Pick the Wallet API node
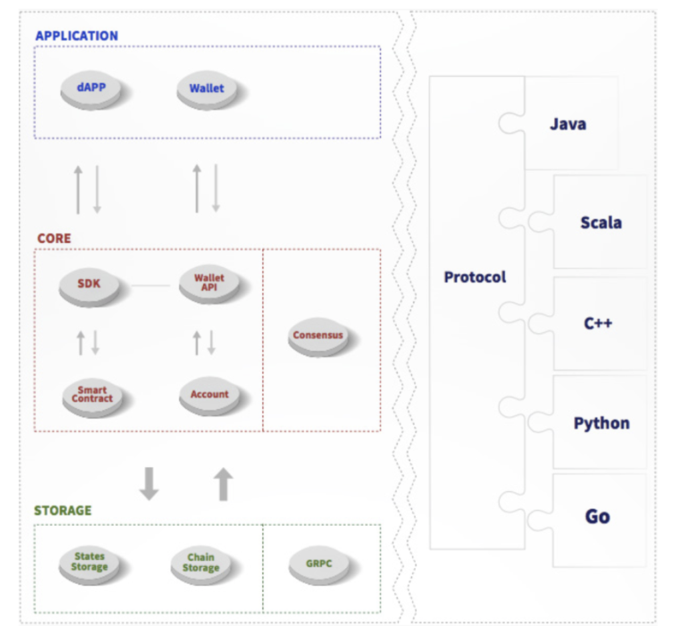coord(210,284)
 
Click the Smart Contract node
coord(93,395)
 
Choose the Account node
coord(210,395)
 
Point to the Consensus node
coord(318,336)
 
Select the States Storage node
coord(89,563)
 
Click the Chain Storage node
coord(201,563)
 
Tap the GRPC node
coord(319,564)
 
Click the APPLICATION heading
coord(77,36)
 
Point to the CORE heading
coord(54,238)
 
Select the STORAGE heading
coord(63,511)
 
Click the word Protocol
coord(475,277)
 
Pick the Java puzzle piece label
coord(568,124)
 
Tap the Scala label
coord(601,223)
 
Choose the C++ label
coord(598,324)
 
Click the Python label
coord(601,423)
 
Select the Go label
coord(597,517)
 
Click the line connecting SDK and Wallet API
coord(150,286)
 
